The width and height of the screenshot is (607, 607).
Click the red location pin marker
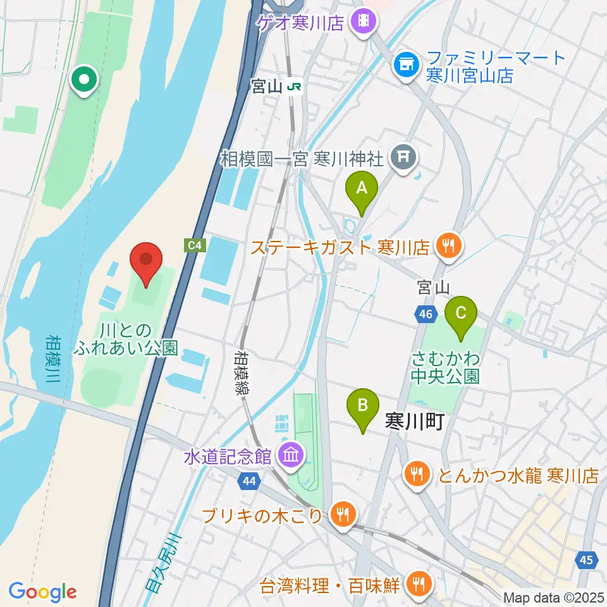tap(146, 262)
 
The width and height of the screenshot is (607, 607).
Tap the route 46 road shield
tap(425, 313)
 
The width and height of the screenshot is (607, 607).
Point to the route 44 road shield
tap(249, 482)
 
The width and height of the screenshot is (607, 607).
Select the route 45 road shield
tap(587, 560)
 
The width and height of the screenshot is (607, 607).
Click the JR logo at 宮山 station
tap(293, 87)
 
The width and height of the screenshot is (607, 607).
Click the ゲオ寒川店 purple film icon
tap(365, 23)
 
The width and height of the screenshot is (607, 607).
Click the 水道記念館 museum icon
tap(291, 455)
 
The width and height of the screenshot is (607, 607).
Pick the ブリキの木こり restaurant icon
tap(343, 514)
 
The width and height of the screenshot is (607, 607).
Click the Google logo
tap(43, 592)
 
